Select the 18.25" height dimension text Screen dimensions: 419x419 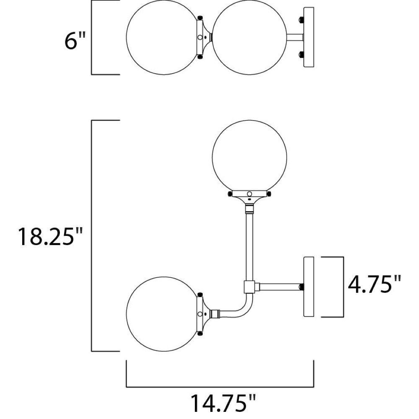[50, 236]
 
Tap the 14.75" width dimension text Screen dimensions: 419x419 [223, 404]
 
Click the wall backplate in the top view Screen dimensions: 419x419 [309, 37]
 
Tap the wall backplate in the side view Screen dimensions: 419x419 [309, 287]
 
